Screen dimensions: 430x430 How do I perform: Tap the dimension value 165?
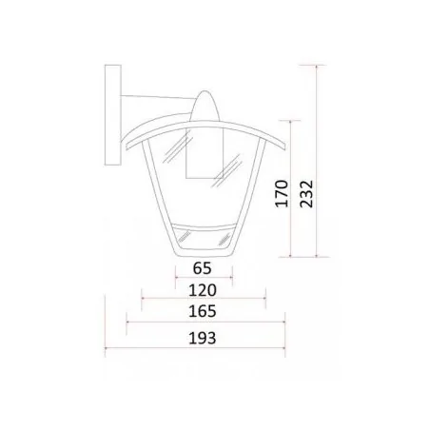pyautogui.click(x=203, y=311)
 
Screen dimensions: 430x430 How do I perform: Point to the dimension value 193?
pyautogui.click(x=203, y=338)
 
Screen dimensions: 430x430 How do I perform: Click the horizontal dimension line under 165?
pyautogui.click(x=203, y=322)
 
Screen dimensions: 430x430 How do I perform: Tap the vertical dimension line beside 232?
pyautogui.click(x=313, y=162)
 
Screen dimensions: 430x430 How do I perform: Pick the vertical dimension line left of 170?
pyautogui.click(x=290, y=190)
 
